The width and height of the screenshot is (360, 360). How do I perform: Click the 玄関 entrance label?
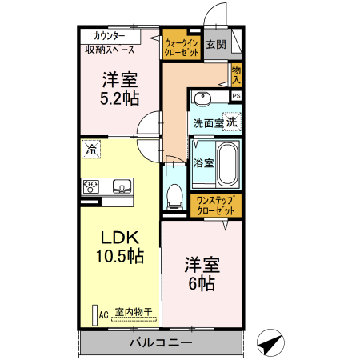click(x=215, y=45)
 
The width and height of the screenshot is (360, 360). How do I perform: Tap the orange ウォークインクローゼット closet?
click(x=181, y=46)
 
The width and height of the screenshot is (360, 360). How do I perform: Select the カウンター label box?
click(x=109, y=36)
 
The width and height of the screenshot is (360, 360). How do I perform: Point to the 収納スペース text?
click(x=110, y=50)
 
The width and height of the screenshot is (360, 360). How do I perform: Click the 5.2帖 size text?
click(x=119, y=99)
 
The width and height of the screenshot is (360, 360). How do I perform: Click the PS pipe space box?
click(x=236, y=96)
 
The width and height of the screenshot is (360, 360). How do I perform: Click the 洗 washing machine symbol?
click(x=230, y=122)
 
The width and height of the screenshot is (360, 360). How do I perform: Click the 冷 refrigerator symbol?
click(x=91, y=150)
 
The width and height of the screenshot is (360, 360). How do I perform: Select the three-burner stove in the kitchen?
click(x=91, y=186)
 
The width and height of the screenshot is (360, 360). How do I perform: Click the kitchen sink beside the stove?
click(x=121, y=186)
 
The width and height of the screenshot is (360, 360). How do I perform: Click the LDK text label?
click(x=119, y=238)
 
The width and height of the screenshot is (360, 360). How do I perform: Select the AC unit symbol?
click(x=94, y=314)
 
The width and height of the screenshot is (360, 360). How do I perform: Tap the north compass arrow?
click(x=270, y=342)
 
